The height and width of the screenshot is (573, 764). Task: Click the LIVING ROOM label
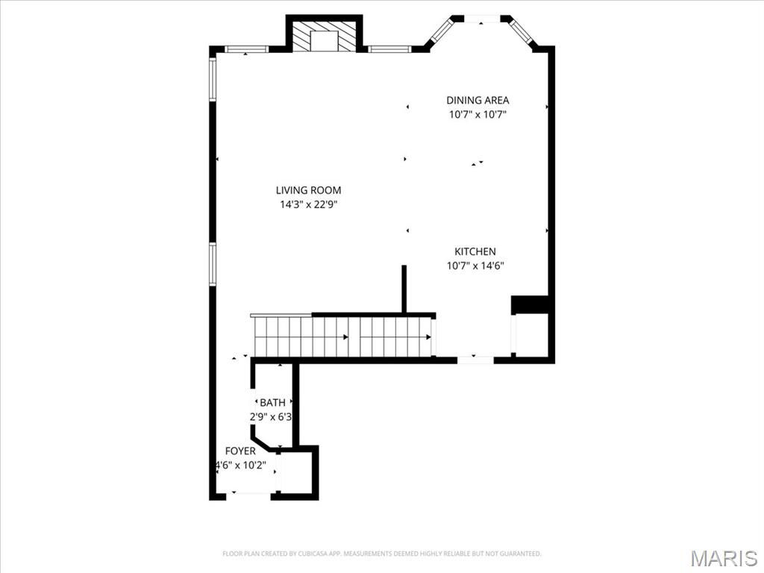[x=308, y=190]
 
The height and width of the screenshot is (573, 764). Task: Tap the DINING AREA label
[x=477, y=100]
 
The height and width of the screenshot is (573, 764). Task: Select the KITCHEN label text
[x=475, y=252]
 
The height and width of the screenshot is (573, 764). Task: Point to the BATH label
[x=272, y=403]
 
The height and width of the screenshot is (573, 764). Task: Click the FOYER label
[x=240, y=451]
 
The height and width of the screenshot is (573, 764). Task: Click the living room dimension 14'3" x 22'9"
[x=308, y=204]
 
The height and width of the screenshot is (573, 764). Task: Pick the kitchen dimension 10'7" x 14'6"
[x=475, y=266]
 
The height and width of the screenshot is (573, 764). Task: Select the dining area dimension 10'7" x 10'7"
[x=477, y=114]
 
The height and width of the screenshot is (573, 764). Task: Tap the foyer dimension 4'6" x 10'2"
[x=241, y=465]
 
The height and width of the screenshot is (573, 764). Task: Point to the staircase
[x=343, y=337]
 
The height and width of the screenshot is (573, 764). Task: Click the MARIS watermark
[x=723, y=558]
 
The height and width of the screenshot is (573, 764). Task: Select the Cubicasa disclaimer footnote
[x=382, y=554]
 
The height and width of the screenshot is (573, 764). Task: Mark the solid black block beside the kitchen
[x=530, y=304]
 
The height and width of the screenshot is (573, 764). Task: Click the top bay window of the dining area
[x=482, y=18]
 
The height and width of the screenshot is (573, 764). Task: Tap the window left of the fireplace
[x=247, y=49]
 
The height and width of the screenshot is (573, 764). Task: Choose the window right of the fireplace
[x=389, y=49]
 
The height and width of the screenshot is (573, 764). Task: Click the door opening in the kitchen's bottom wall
[x=475, y=360]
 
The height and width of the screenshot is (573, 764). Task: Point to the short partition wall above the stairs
[x=404, y=289]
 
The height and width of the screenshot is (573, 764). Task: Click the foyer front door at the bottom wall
[x=251, y=494]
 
